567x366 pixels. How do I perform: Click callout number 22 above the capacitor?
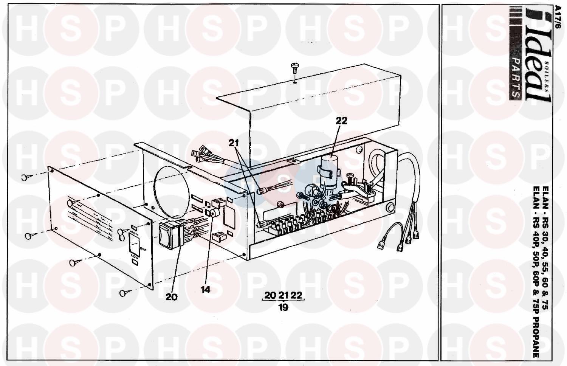(x=341, y=121)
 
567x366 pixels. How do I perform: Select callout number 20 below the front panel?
(x=171, y=297)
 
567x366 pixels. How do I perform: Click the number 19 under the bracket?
(x=283, y=307)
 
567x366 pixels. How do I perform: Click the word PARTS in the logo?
(x=515, y=79)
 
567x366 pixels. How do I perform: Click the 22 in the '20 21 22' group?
(x=297, y=295)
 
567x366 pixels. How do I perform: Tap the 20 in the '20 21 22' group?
(x=270, y=295)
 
